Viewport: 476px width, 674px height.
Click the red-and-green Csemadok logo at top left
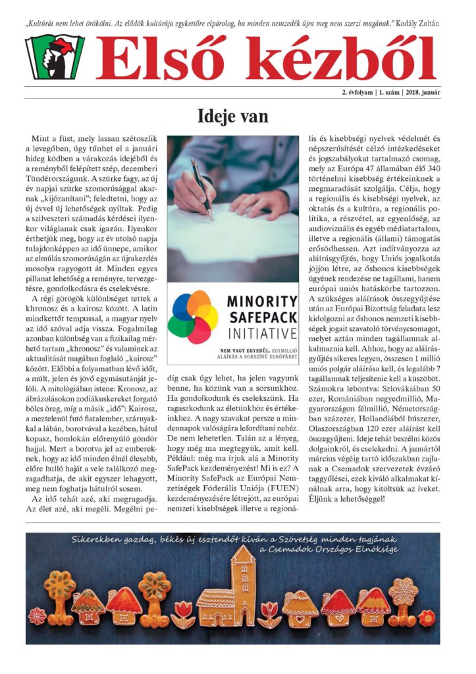[55, 57]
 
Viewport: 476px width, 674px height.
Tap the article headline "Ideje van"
[233, 117]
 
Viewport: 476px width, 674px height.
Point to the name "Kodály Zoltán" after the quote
[419, 24]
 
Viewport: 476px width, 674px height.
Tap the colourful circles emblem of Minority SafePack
[193, 317]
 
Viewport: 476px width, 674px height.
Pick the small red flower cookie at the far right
[426, 618]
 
